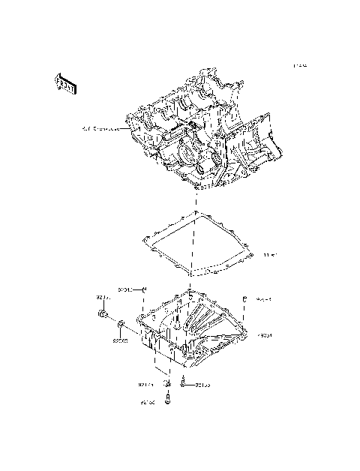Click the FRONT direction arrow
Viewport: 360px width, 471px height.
click(65, 84)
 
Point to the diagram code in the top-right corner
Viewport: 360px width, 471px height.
click(301, 66)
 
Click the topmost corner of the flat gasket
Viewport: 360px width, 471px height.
click(197, 214)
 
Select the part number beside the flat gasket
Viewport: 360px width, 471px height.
click(269, 256)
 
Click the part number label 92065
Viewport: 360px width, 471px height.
click(121, 340)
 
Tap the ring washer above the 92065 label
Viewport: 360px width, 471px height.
click(121, 325)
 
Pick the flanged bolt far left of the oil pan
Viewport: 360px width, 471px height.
click(103, 315)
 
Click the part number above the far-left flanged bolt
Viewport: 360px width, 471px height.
click(103, 298)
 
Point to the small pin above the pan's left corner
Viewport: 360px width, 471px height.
click(144, 289)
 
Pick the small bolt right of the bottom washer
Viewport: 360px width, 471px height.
click(183, 385)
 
